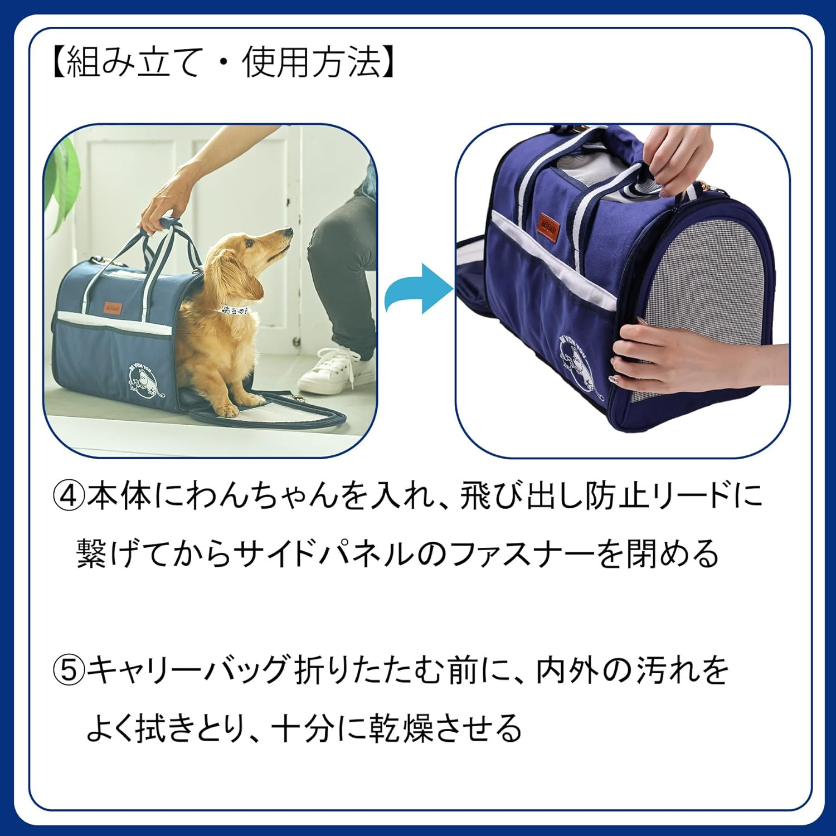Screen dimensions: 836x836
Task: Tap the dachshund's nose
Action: click(x=288, y=229)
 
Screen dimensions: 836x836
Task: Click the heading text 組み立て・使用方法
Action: click(x=223, y=61)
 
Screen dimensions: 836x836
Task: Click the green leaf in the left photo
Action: click(x=64, y=184)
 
